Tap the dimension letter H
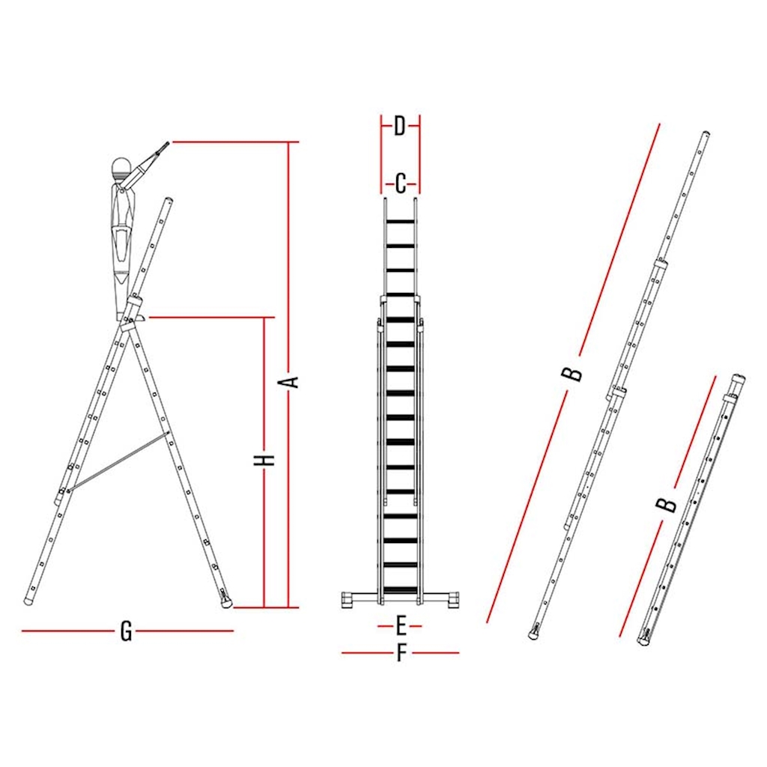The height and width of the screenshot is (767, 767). coord(264,460)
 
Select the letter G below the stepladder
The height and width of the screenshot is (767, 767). coord(126,631)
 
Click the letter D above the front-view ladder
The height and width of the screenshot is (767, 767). coord(400,126)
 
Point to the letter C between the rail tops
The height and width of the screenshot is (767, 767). coord(400,184)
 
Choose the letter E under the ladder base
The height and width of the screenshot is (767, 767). coord(401,625)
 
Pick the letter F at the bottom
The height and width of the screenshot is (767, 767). coord(401,652)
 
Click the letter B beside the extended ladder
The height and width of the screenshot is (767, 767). coord(572,374)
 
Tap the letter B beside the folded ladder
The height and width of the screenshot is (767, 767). coord(666,504)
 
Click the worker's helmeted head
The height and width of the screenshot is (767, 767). coord(121,169)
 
